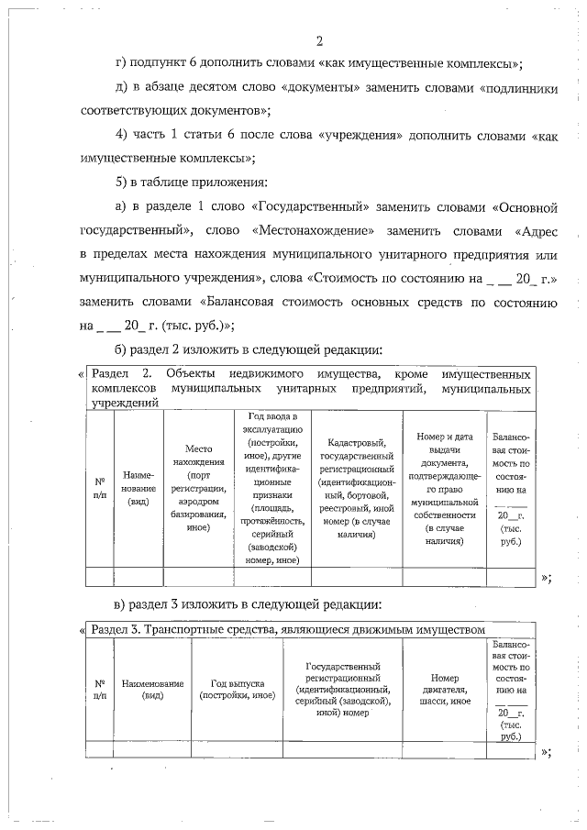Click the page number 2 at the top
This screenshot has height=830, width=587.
[x=319, y=40]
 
